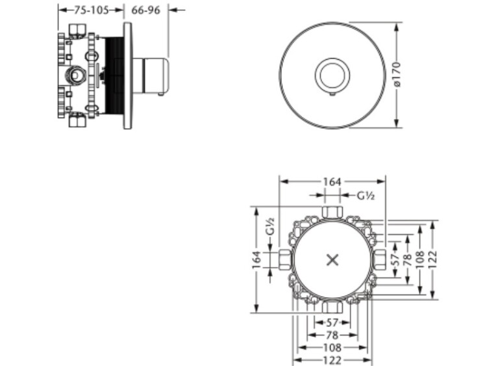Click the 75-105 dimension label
92,10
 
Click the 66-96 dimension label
145,10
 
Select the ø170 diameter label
397,75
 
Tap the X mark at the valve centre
332,260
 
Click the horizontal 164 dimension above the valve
332,181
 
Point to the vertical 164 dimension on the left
256,260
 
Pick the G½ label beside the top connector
366,196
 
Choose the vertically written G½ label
270,226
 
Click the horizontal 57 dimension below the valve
332,323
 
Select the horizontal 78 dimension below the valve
332,335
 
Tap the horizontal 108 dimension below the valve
332,348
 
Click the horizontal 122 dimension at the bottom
332,360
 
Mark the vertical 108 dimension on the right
420,260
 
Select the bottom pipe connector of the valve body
332,307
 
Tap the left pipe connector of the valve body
285,259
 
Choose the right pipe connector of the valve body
380,259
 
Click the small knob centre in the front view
332,75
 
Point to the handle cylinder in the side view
151,75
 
